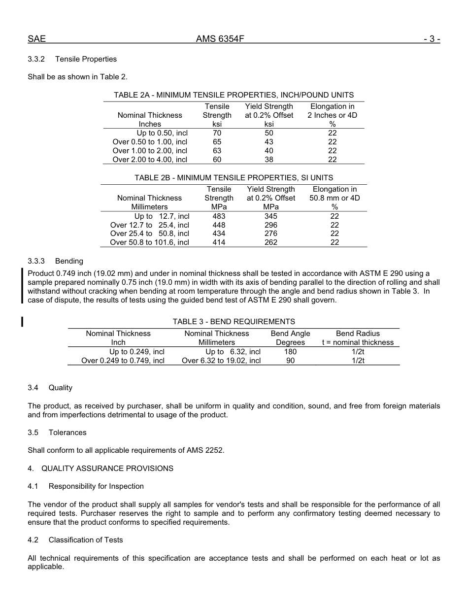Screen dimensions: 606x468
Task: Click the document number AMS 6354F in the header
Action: [x=220, y=39]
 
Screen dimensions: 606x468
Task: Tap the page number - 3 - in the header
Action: [x=432, y=39]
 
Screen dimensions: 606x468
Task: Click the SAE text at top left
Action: [x=36, y=39]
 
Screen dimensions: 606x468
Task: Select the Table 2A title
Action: [x=234, y=95]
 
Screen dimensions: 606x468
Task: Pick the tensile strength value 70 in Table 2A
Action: [x=217, y=133]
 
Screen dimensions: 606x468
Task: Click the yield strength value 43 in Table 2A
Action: [x=268, y=142]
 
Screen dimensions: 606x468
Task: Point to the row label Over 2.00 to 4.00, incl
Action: [x=150, y=160]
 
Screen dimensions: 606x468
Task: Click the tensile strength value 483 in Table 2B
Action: [x=219, y=216]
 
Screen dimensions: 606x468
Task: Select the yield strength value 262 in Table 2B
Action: [x=270, y=242]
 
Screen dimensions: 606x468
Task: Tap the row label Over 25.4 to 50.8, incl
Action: [x=150, y=234]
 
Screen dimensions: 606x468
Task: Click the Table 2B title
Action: [x=234, y=178]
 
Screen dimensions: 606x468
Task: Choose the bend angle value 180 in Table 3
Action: [x=290, y=352]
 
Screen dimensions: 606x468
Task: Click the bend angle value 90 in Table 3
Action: [x=290, y=361]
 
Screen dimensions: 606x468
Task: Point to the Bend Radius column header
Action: [x=358, y=334]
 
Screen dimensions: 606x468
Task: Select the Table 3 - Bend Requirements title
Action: [x=234, y=322]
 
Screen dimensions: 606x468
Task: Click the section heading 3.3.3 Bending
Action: [x=55, y=261]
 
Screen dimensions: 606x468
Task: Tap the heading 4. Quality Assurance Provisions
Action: [x=100, y=469]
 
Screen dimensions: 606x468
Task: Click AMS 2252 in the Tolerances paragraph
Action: [x=204, y=450]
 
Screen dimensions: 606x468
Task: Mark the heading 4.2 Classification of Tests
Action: [x=75, y=540]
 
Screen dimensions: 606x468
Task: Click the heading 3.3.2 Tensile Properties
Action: [x=72, y=59]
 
